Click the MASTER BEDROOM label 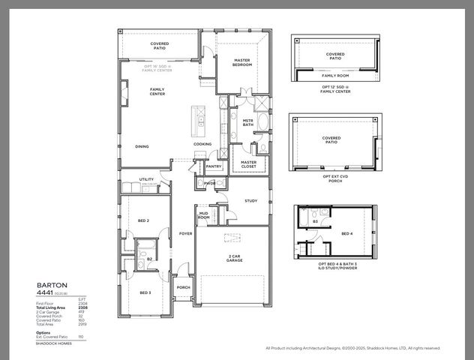pos(242,63)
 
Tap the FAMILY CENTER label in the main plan pos(157,91)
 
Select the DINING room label pos(142,146)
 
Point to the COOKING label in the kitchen pos(202,144)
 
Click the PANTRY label pos(213,166)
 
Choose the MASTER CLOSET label pos(248,164)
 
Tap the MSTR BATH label pos(247,123)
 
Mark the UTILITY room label pos(146,179)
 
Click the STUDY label pos(250,200)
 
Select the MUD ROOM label pos(204,216)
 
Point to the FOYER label pos(185,233)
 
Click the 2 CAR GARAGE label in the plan pos(235,259)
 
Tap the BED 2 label pos(143,220)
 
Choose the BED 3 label pos(144,292)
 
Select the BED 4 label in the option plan pos(347,234)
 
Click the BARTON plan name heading pos(52,286)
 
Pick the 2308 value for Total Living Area pos(83,307)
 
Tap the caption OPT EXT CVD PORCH pos(331,178)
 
